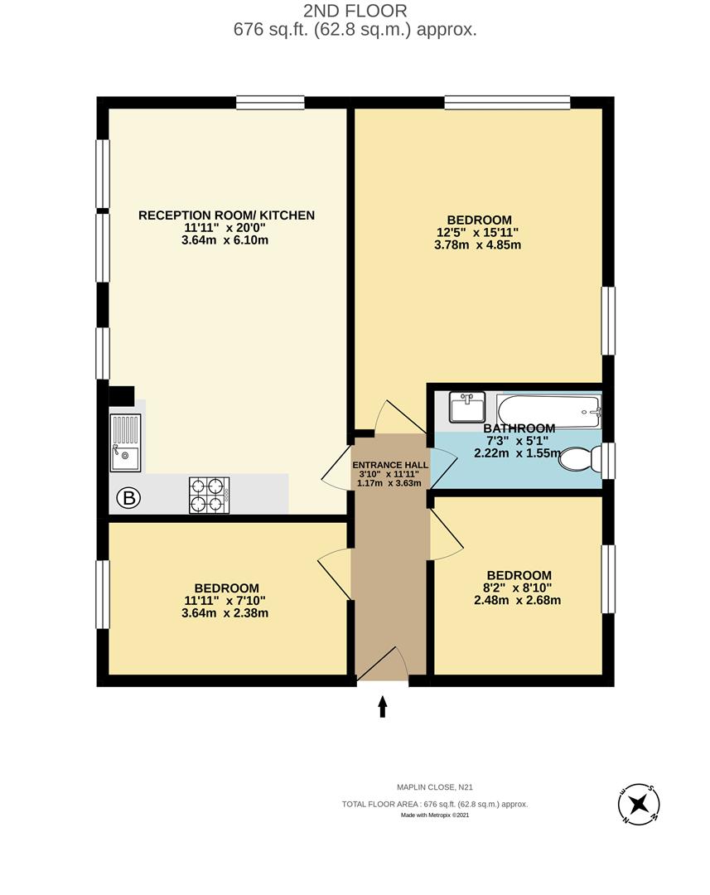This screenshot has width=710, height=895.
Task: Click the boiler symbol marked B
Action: [x=128, y=498]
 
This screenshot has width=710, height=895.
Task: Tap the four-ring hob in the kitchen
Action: [x=209, y=495]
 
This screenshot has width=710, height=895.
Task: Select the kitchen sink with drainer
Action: [x=126, y=443]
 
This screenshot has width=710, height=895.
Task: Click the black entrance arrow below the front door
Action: [x=383, y=705]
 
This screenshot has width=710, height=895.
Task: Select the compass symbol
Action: [x=639, y=804]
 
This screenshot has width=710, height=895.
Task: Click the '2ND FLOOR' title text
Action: [x=355, y=12]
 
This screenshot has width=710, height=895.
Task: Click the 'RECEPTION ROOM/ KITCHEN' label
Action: [x=226, y=215]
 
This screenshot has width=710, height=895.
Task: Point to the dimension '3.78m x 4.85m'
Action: [x=479, y=244]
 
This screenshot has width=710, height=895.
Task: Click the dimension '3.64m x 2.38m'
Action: [x=226, y=613]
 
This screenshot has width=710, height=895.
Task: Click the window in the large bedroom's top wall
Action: [x=506, y=103]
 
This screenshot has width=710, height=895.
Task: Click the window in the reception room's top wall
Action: [x=258, y=103]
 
